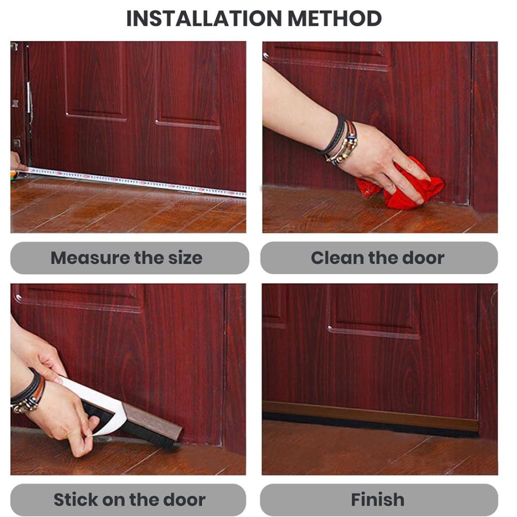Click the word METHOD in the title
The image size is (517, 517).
[x=334, y=18]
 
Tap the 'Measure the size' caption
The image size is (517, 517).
[x=127, y=258]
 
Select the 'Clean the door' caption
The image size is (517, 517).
[x=377, y=258]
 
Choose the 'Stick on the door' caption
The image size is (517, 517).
[x=130, y=499]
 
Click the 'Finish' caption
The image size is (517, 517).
[x=377, y=499]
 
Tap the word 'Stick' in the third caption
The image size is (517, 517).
[x=75, y=499]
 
